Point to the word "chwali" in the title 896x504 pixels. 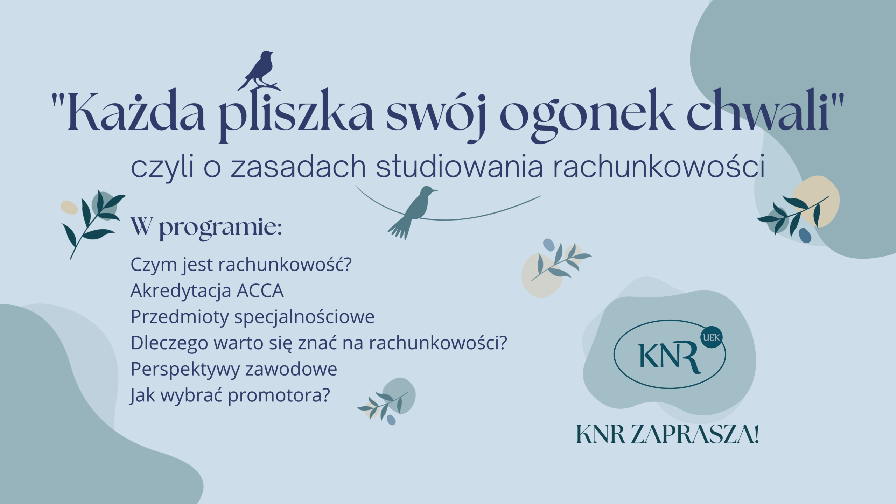(x=758, y=111)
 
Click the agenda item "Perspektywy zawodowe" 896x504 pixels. (x=234, y=370)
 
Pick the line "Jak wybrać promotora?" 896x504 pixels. (x=230, y=396)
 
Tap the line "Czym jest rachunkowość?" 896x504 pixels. (x=241, y=265)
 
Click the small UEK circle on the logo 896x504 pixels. (x=712, y=338)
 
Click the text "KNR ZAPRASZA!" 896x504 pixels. (x=667, y=435)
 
